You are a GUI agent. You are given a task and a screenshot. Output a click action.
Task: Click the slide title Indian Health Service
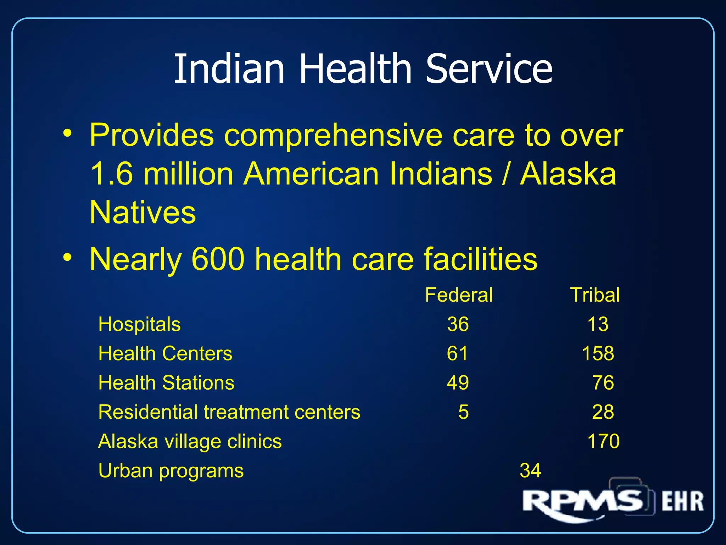(363, 68)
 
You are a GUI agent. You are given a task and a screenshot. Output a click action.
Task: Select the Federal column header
(459, 295)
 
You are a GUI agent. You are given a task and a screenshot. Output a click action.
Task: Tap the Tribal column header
(595, 295)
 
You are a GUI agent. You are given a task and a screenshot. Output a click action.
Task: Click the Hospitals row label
(139, 324)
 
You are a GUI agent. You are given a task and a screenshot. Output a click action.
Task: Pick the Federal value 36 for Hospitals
(458, 324)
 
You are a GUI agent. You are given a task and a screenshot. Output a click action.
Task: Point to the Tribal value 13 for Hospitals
(598, 324)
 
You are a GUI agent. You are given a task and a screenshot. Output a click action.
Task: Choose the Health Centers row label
(165, 354)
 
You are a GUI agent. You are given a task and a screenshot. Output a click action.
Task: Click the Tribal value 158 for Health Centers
(598, 354)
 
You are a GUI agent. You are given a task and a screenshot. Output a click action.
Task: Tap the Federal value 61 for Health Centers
(457, 354)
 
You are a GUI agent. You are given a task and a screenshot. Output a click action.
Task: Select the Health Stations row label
(166, 383)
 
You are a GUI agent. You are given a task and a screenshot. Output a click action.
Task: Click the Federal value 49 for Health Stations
(458, 383)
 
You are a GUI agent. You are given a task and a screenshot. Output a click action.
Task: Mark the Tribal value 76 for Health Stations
(603, 383)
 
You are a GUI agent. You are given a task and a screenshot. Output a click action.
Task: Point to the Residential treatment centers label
(229, 412)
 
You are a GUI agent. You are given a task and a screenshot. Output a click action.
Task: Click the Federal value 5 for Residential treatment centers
(463, 412)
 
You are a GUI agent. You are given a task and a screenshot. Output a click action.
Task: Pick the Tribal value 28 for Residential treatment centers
(603, 412)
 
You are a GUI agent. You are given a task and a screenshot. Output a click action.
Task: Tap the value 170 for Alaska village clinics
(603, 441)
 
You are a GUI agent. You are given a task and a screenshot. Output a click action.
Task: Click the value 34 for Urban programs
(530, 471)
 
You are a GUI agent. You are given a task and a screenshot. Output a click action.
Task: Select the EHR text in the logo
(682, 501)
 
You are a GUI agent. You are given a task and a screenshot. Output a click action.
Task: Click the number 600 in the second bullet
(218, 259)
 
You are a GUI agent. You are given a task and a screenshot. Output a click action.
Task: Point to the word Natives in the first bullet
(143, 213)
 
